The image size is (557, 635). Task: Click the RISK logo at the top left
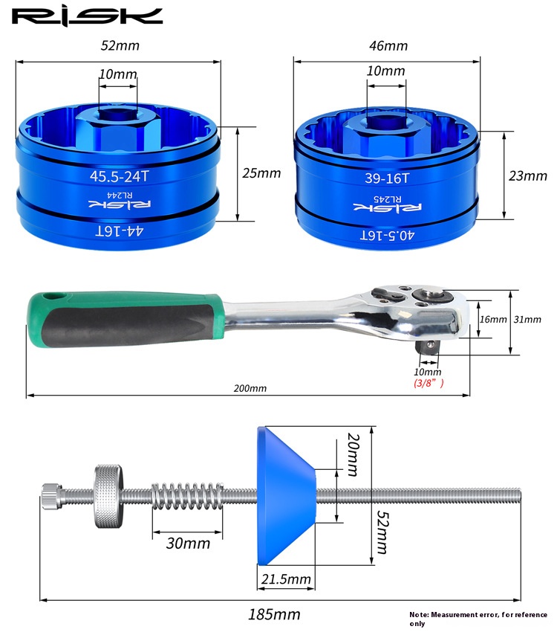[87, 17]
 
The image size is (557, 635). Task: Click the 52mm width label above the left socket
[120, 45]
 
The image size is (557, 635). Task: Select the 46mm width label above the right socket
[388, 46]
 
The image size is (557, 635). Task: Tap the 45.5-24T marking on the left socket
[120, 176]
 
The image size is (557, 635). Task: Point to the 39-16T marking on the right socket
[387, 178]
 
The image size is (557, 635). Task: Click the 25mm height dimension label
[261, 173]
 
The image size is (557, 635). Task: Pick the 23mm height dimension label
[528, 175]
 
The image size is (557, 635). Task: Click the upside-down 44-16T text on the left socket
[120, 231]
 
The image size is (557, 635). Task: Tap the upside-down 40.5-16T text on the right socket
[387, 235]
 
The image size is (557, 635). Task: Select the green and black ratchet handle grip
[126, 320]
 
